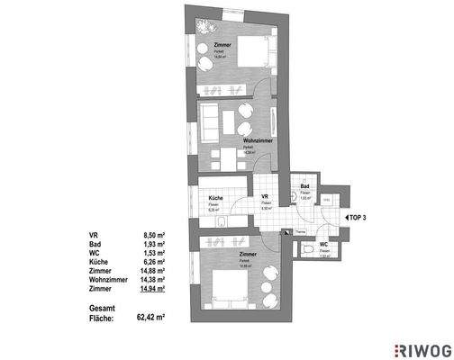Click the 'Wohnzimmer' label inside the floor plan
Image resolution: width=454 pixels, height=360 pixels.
258,140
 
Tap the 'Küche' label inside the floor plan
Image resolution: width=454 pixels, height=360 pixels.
216,198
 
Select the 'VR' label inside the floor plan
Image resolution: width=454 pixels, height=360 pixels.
266,198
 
